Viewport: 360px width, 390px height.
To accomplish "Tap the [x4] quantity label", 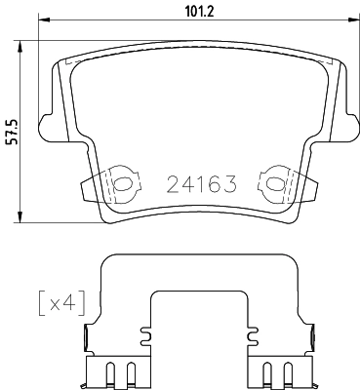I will pos(56,301).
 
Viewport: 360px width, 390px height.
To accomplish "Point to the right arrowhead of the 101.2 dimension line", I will pos(347,22).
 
